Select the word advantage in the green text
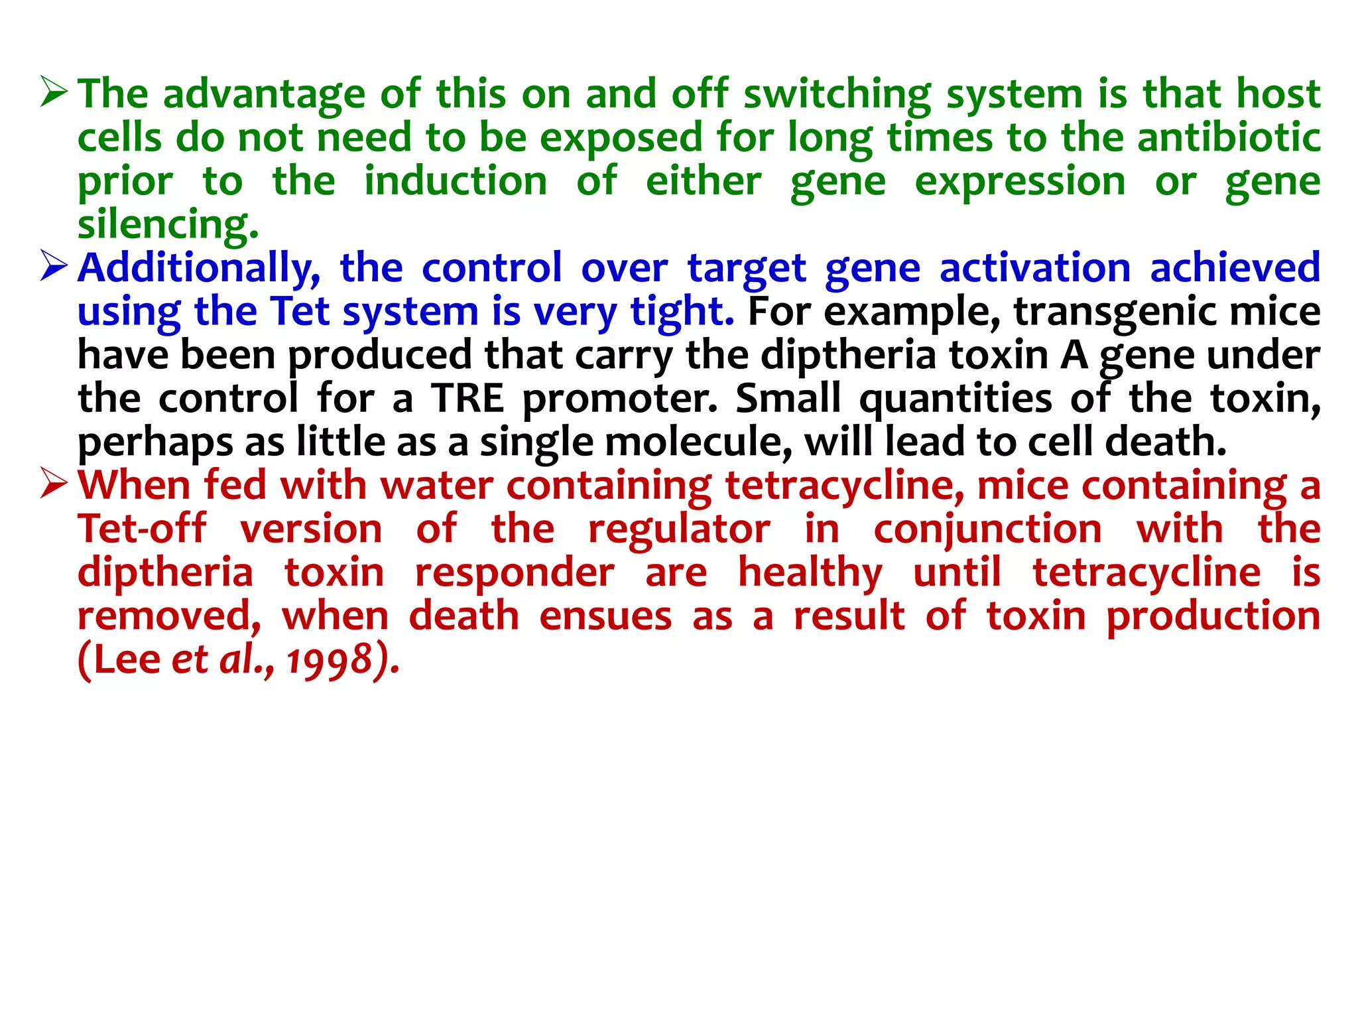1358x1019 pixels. coord(264,94)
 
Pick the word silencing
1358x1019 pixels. coord(167,224)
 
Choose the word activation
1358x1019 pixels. coord(1034,268)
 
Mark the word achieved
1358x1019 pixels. coord(1235,268)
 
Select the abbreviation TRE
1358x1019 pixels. coord(467,398)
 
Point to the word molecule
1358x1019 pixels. coord(698,442)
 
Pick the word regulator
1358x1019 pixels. coord(679,530)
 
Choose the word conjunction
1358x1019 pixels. coord(987,530)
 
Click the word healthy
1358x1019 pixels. coord(810,573)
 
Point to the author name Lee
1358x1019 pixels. coord(127,660)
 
